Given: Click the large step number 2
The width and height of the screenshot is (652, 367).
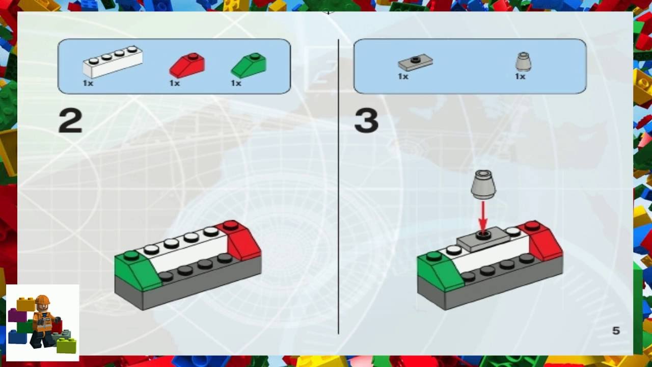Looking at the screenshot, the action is tap(70, 120).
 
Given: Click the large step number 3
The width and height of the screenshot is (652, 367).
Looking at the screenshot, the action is tap(366, 120).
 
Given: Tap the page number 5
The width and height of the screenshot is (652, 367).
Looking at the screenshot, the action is tap(616, 331).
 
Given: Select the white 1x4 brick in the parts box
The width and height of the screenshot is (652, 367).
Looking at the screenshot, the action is tap(113, 62).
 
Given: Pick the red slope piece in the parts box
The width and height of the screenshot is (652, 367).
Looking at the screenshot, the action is tap(187, 66).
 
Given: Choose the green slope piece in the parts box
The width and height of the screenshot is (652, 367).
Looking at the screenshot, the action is tap(249, 66).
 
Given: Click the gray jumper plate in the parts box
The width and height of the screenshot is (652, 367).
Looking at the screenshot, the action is tap(415, 63).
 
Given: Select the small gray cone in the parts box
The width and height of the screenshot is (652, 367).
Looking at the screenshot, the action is tap(523, 62).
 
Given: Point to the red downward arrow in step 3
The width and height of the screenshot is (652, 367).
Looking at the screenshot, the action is tap(483, 218).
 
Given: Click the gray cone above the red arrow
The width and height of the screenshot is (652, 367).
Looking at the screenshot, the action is tap(483, 185).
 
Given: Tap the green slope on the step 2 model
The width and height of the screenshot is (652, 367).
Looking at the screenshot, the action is tap(137, 271).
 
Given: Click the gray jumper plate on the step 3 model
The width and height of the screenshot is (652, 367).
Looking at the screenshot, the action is tap(483, 240).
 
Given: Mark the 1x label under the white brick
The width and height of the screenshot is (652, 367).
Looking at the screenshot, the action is tap(88, 83).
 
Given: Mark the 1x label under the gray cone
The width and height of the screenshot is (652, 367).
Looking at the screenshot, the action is tap(520, 76).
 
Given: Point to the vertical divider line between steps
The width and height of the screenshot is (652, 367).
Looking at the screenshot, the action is tap(338, 187).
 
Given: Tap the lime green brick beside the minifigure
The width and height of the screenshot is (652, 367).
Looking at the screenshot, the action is tap(66, 346).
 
